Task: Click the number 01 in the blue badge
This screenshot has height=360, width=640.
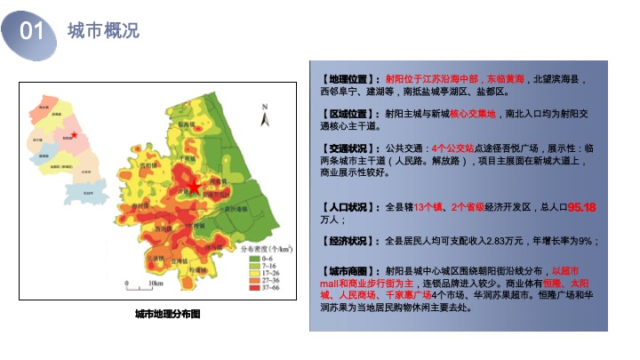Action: [32, 31]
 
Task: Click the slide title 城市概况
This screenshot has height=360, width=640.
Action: [104, 30]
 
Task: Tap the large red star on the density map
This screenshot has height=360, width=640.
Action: [193, 186]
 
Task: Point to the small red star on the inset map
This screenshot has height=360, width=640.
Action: [75, 135]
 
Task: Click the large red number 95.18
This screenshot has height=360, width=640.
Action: [581, 207]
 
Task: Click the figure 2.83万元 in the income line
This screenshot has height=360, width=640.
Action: [507, 241]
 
